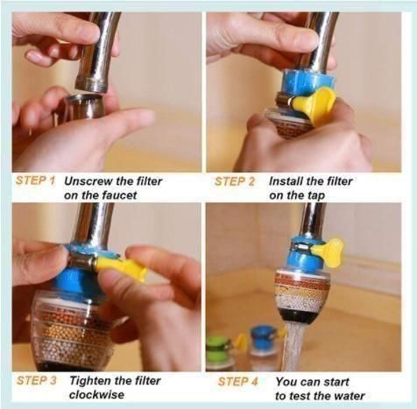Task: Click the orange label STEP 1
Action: tap(36, 181)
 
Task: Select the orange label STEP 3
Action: tap(36, 381)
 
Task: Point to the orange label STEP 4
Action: tap(237, 381)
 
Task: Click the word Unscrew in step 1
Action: tap(89, 181)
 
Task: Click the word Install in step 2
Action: tap(287, 181)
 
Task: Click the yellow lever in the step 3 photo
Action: tap(123, 267)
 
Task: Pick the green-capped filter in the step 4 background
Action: tap(219, 345)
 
